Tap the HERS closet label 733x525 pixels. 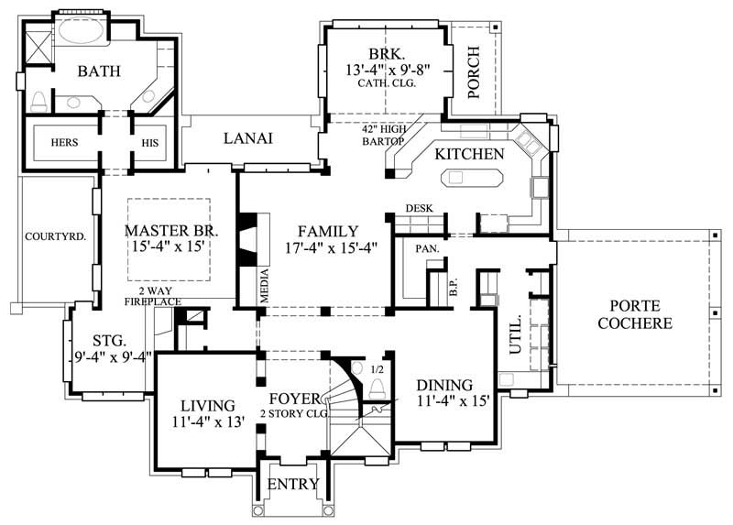(64, 142)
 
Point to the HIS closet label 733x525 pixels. (150, 142)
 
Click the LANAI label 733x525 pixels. (248, 138)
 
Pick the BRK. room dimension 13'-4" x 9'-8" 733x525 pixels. (388, 69)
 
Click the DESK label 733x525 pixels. (419, 209)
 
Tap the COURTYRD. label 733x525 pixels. (55, 235)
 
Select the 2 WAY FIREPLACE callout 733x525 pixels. (153, 295)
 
